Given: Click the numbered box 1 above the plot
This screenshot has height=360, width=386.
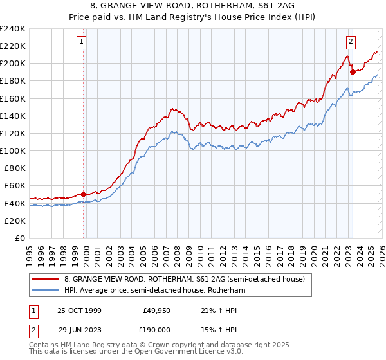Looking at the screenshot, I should (x=83, y=42).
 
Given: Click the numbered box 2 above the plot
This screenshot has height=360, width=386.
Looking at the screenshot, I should (x=351, y=42).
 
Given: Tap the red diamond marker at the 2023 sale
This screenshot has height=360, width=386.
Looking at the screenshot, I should (x=353, y=72).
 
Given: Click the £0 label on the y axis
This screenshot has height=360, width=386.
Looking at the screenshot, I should (x=19, y=238).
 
